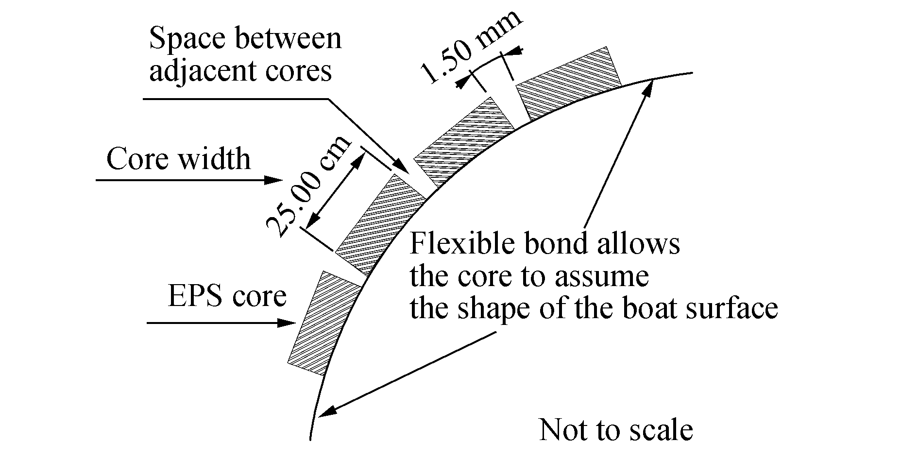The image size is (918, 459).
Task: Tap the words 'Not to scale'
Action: (x=616, y=430)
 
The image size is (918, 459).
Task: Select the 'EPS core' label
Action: (x=226, y=296)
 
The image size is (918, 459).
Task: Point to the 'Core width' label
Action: (x=178, y=159)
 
